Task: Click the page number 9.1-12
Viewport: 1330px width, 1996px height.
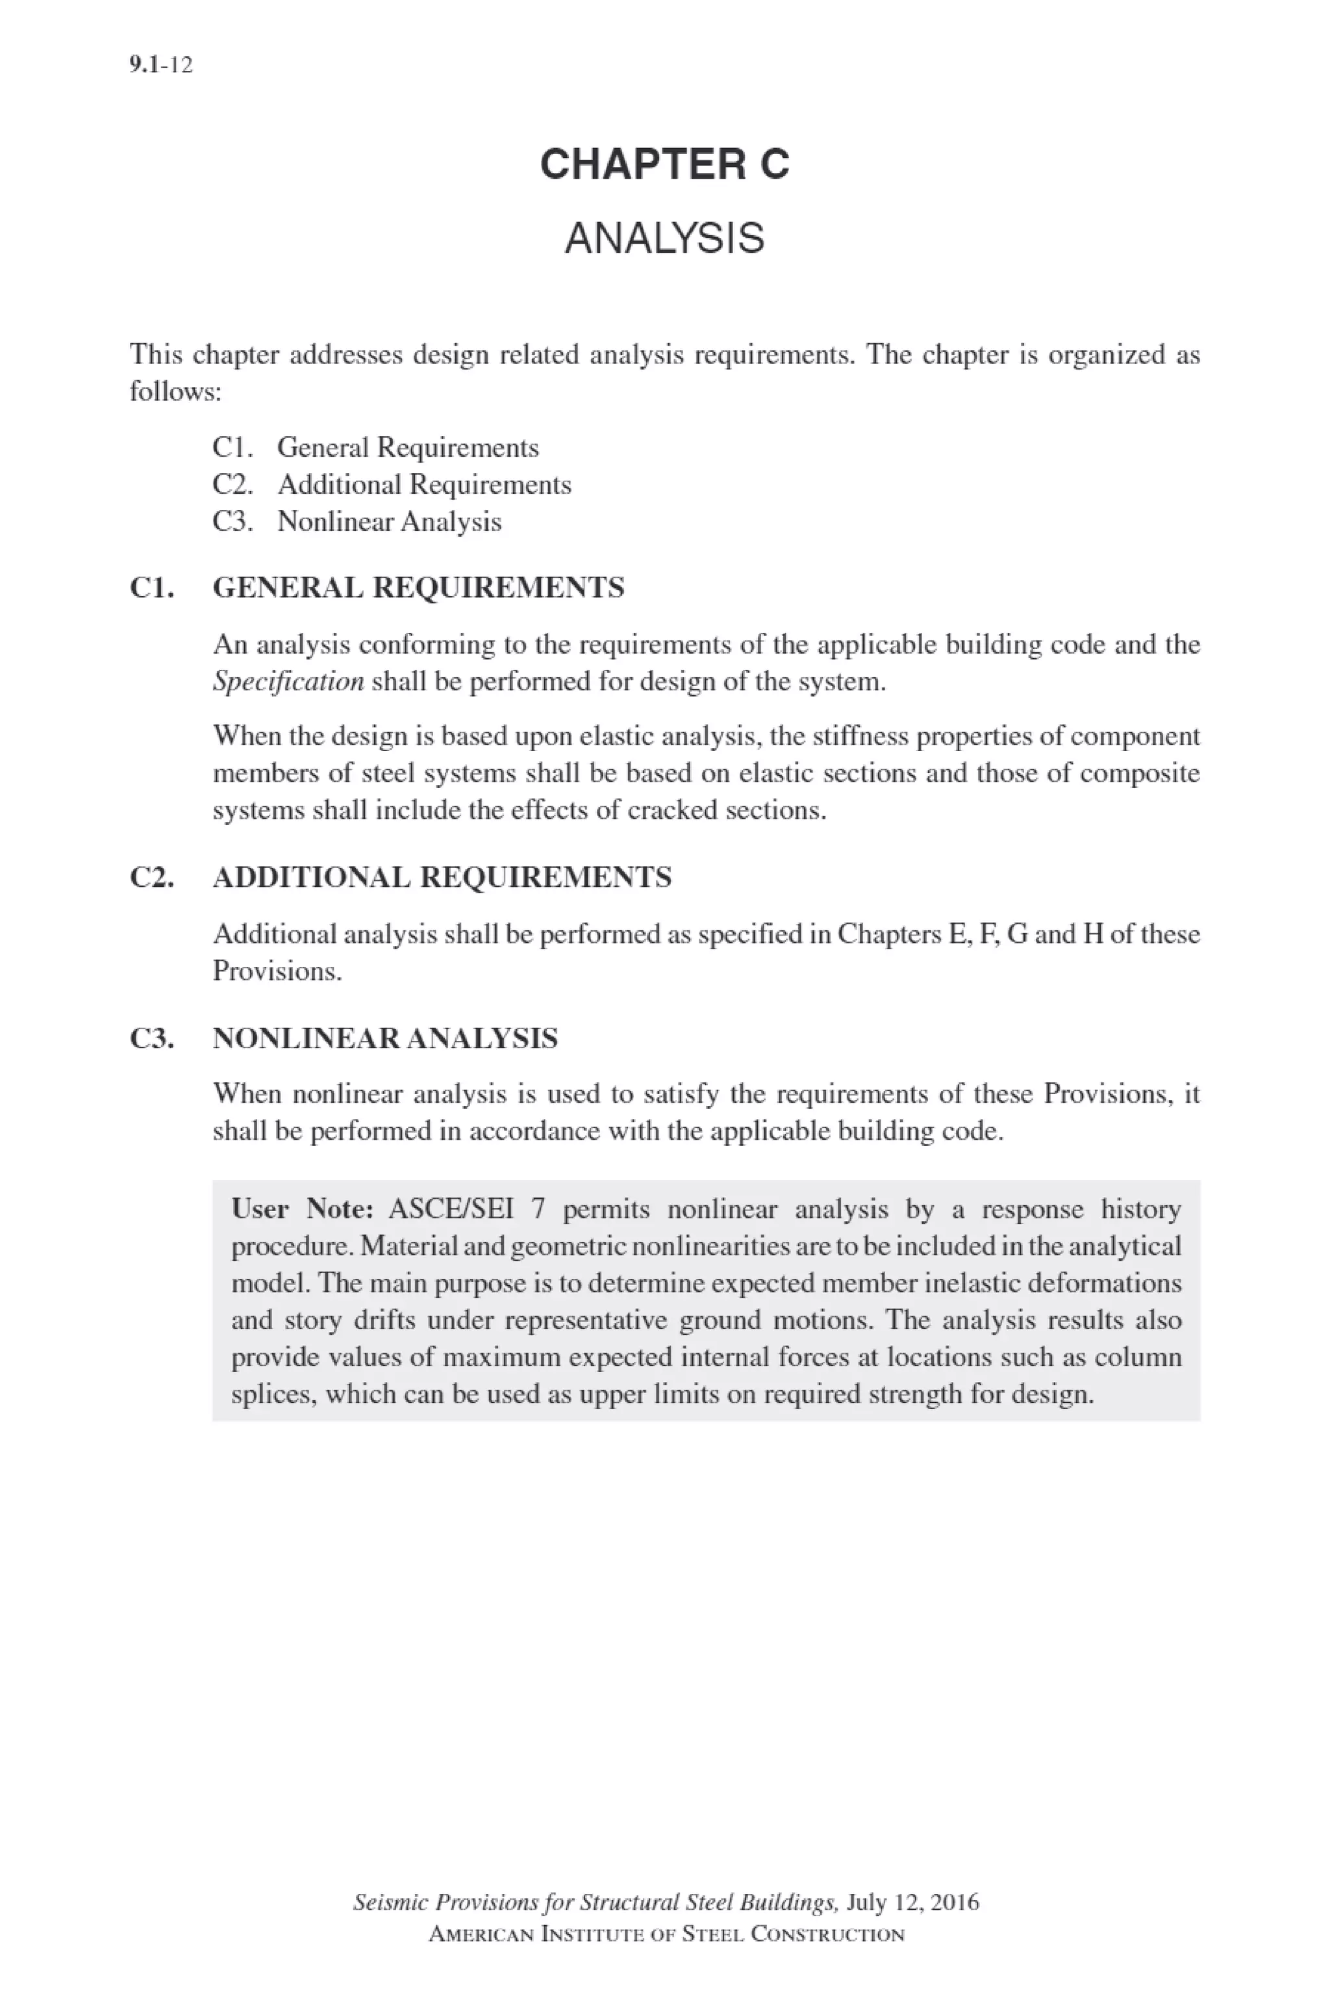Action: point(161,64)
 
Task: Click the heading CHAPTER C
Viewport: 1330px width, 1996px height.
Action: point(664,164)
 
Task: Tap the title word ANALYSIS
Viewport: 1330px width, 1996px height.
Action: point(664,238)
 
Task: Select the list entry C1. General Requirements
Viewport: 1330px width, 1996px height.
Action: point(376,447)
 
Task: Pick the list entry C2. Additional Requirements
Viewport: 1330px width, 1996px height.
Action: point(392,485)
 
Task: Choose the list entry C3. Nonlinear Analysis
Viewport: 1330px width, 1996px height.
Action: point(357,521)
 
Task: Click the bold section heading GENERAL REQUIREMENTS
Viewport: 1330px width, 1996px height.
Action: point(418,587)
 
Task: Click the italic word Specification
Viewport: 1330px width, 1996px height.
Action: point(288,682)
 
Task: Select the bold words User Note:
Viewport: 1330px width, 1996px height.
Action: point(303,1209)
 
